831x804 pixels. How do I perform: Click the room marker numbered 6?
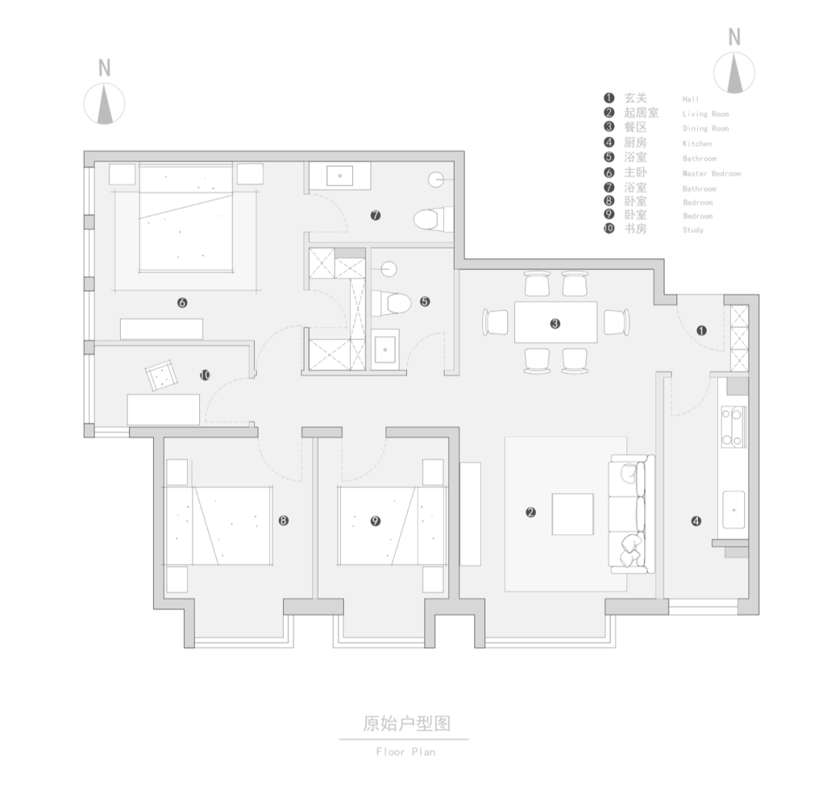coord(182,303)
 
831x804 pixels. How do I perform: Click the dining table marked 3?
coord(556,323)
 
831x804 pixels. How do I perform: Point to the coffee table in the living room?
coord(572,514)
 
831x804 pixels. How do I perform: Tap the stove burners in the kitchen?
coord(733,427)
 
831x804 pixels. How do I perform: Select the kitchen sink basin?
coord(733,509)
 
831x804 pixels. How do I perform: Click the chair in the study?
coord(162,376)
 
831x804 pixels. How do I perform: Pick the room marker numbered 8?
coord(283,521)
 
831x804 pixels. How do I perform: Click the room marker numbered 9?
coord(375,521)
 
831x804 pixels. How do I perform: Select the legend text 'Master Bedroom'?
coord(711,174)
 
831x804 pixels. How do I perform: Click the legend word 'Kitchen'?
coord(697,144)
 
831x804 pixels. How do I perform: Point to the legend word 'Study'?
coord(692,230)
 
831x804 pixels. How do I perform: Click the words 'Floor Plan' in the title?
coord(405,752)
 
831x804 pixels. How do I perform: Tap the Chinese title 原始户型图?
coord(405,723)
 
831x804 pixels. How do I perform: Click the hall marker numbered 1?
coord(701,331)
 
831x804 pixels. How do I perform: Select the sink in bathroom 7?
coord(339,176)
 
